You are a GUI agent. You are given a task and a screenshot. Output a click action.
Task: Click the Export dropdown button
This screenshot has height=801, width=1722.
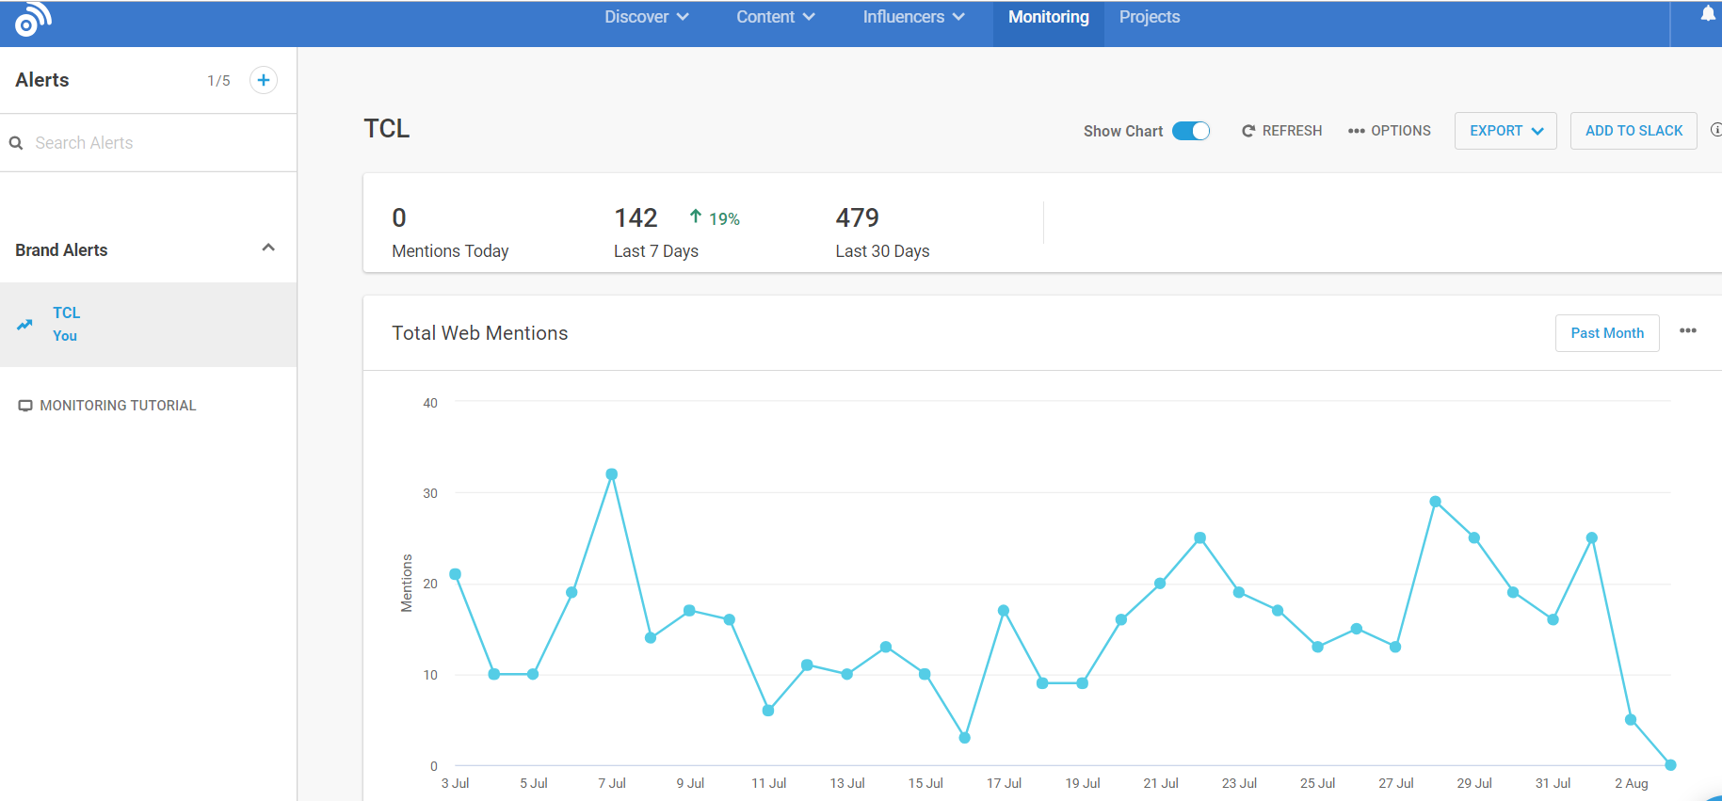click(1505, 131)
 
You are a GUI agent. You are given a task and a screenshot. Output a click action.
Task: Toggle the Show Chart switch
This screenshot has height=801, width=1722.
click(1191, 131)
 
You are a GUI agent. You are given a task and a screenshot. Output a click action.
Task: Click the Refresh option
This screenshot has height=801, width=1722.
click(1281, 131)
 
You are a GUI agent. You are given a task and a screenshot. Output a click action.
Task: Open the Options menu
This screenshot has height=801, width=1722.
click(1389, 131)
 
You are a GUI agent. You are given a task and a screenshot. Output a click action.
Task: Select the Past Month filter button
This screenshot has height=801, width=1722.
click(1607, 333)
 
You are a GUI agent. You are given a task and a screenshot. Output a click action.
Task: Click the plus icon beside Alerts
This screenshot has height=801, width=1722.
click(264, 80)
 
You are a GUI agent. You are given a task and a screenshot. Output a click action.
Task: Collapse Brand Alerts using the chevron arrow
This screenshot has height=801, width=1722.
click(268, 248)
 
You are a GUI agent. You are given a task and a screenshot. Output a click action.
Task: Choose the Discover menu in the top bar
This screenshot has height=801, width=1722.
click(647, 17)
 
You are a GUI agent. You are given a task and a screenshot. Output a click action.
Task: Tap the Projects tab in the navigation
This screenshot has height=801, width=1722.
click(1150, 17)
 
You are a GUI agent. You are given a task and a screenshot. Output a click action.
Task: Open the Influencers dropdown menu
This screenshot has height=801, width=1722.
click(913, 17)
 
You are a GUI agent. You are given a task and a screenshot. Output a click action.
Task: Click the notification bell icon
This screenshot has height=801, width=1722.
click(1708, 13)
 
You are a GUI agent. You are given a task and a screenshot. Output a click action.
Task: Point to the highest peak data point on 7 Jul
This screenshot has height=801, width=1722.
click(612, 474)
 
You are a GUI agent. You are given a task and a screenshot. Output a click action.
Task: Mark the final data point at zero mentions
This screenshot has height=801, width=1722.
click(1670, 765)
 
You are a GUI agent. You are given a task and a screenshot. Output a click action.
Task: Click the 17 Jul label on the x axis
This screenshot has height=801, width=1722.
click(1004, 783)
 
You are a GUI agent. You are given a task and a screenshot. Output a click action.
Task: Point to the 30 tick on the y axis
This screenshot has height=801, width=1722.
click(430, 493)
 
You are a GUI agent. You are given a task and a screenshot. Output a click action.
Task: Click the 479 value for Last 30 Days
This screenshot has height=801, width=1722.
click(857, 218)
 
